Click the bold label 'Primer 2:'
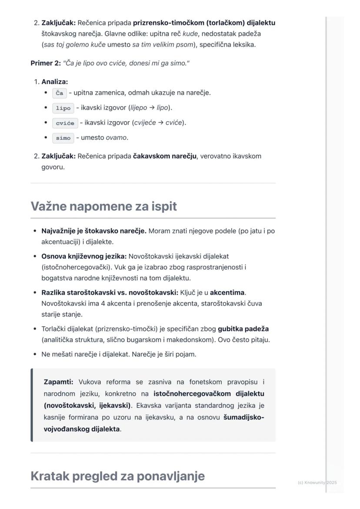[46, 63]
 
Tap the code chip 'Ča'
[60, 93]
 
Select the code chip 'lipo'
[63, 108]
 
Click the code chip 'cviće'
[65, 123]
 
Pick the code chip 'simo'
[63, 138]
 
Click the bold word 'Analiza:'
[55, 82]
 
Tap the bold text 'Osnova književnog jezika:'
[84, 256]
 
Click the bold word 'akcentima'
[227, 293]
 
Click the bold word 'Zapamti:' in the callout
[59, 382]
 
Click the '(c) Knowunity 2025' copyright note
[317, 482]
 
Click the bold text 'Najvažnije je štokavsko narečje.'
[94, 231]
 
